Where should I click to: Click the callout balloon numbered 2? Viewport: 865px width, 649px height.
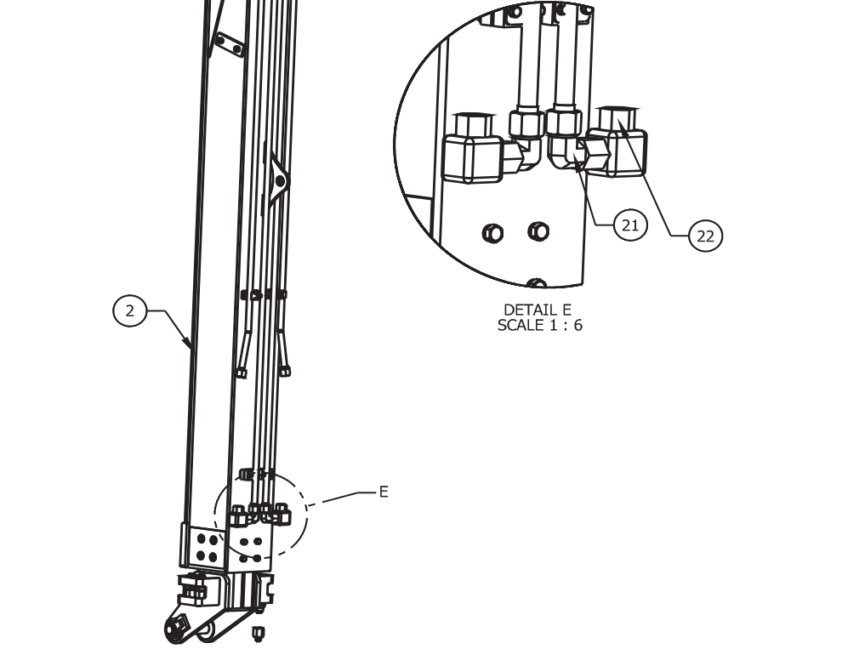[x=129, y=310]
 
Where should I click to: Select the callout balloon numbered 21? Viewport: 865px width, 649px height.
[x=630, y=225]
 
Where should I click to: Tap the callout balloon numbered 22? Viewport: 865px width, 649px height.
[x=706, y=236]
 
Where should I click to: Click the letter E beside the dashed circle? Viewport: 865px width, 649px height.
[x=384, y=492]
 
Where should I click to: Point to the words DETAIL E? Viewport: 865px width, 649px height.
[x=538, y=310]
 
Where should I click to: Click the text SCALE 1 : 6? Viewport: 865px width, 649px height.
[x=539, y=325]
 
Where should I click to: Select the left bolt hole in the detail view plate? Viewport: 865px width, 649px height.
[x=492, y=233]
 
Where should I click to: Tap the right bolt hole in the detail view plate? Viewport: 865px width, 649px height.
[x=538, y=231]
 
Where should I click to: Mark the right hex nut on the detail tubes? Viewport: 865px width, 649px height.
[x=565, y=122]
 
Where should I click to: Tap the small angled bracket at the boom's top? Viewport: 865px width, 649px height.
[x=229, y=45]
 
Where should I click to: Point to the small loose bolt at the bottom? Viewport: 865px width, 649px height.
[x=257, y=633]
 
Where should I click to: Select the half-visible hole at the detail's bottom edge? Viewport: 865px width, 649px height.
[x=536, y=283]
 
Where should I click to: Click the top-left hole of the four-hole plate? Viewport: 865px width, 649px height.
[x=202, y=538]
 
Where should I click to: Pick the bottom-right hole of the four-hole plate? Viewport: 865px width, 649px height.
[x=213, y=557]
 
